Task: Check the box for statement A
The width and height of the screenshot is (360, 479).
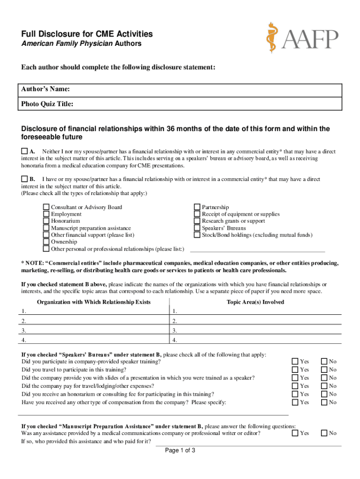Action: point(24,152)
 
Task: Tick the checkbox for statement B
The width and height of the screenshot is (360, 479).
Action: point(24,179)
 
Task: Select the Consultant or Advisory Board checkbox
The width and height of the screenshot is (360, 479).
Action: point(46,207)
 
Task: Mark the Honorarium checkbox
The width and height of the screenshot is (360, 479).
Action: point(46,221)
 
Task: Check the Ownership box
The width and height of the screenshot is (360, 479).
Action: point(46,242)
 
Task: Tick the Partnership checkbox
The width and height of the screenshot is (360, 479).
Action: point(197,207)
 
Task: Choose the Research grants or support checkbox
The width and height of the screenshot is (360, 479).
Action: point(197,221)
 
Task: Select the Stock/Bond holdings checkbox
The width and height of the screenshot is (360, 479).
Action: point(197,235)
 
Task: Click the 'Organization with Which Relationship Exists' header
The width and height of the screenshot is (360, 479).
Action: point(94,302)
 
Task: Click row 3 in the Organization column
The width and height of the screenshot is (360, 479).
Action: point(94,330)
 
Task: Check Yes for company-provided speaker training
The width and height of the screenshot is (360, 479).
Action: point(295,361)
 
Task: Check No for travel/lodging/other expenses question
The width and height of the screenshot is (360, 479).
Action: point(324,386)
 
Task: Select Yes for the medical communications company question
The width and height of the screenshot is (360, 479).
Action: point(295,433)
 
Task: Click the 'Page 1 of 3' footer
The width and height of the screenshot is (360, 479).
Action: point(180,451)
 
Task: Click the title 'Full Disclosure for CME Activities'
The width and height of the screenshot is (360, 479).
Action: point(87,34)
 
